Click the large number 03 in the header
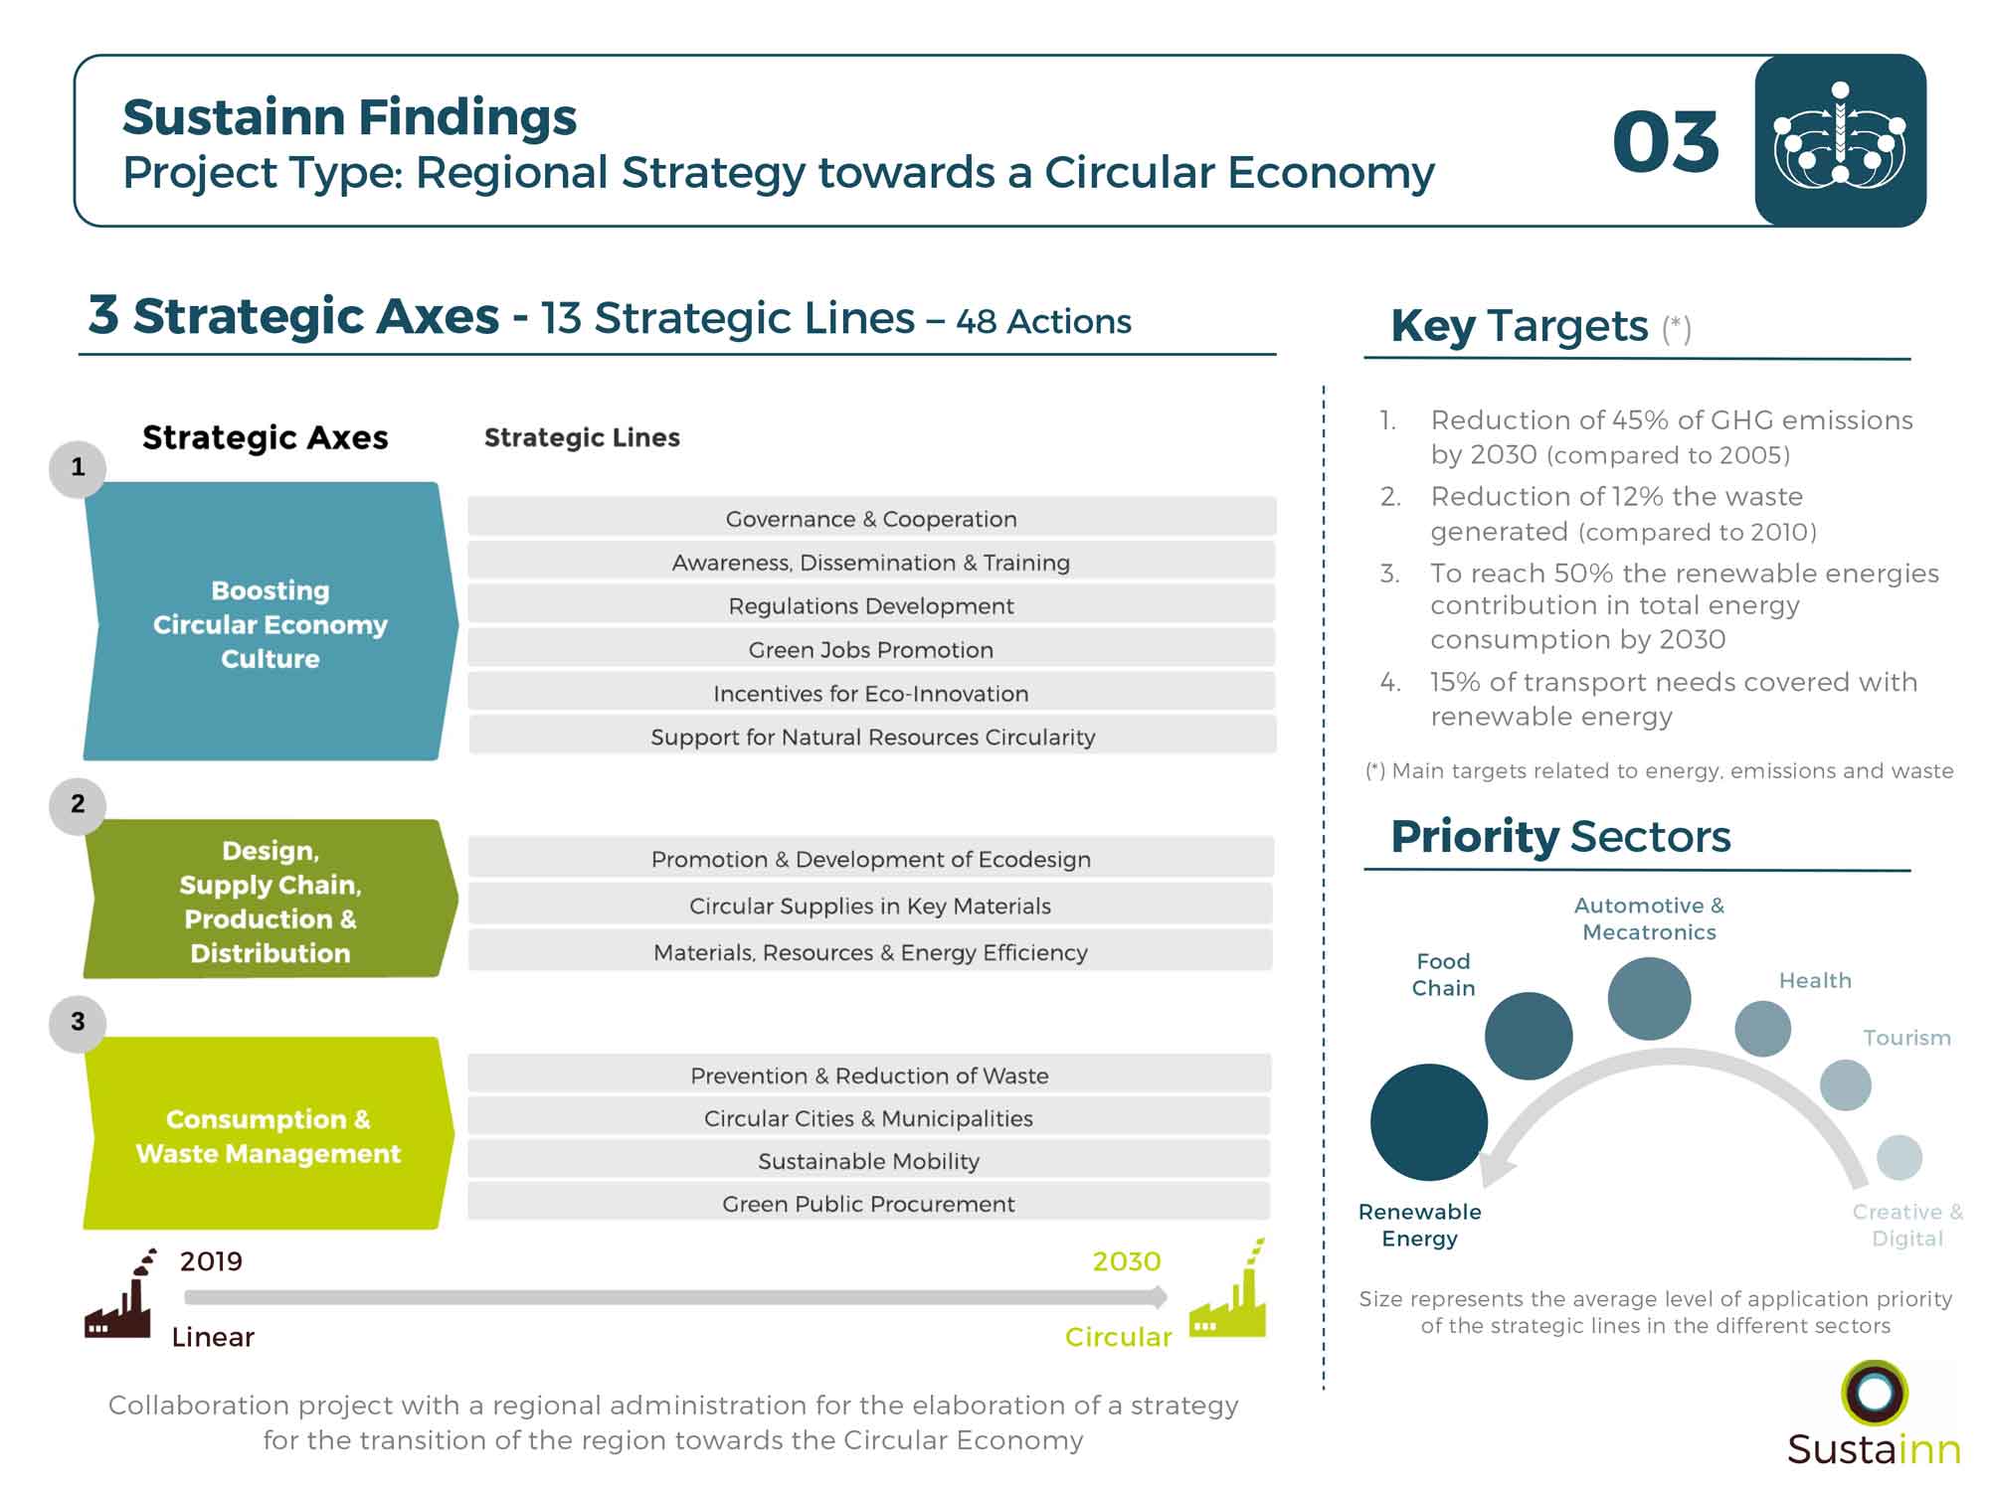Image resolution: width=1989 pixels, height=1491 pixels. pos(1666,142)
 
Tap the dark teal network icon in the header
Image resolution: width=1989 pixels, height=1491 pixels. pos(1840,140)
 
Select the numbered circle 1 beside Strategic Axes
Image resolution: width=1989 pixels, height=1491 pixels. pos(78,468)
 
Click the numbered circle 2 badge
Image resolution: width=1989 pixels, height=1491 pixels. pos(78,805)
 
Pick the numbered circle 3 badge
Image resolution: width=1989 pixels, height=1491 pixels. pos(78,1023)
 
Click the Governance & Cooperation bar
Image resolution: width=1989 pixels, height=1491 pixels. pos(871,518)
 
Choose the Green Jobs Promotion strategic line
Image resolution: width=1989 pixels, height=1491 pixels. pos(871,649)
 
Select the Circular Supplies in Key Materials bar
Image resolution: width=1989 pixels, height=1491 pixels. pos(870,906)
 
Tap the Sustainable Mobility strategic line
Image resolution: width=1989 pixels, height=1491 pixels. pos(869,1160)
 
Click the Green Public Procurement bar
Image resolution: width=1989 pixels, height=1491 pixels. pos(869,1203)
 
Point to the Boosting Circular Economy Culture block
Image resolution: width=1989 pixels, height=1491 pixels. pos(271,622)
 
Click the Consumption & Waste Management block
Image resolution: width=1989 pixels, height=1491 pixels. pos(269,1134)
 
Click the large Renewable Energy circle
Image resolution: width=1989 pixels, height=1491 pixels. pos(1429,1122)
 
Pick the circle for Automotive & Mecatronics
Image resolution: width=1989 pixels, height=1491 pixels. pos(1649,998)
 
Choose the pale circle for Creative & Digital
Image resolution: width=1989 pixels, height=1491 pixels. pos(1899,1157)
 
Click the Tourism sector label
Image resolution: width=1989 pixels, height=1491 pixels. pos(1906,1038)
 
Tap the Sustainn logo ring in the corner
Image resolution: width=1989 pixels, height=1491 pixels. pos(1874,1393)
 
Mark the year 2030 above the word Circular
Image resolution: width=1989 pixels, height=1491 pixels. pos(1127,1261)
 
